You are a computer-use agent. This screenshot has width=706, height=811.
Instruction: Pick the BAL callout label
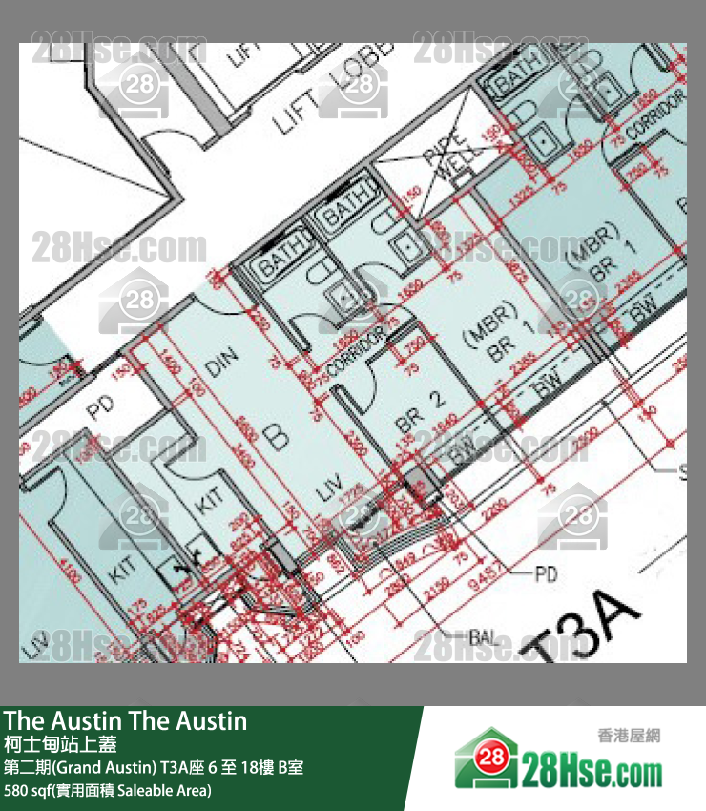click(488, 634)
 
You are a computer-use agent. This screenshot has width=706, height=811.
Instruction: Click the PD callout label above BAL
click(546, 574)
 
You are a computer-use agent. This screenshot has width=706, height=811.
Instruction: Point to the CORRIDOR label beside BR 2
click(354, 351)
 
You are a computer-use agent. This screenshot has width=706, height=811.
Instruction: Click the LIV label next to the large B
click(330, 493)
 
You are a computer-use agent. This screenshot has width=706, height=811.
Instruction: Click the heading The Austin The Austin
click(125, 721)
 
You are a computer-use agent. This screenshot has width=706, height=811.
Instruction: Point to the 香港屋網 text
click(629, 735)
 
